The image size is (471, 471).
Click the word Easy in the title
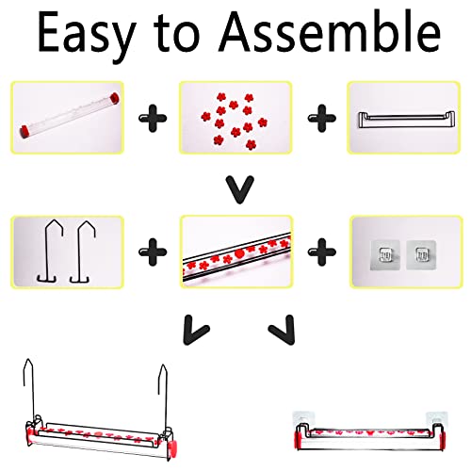(87, 36)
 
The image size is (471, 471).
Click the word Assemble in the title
(330, 31)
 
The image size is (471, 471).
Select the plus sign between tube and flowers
(153, 118)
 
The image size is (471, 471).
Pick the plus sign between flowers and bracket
(321, 118)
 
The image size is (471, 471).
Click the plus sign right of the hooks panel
(153, 252)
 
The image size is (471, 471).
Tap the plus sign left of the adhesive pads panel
(321, 252)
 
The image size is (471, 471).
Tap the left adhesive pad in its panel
(385, 254)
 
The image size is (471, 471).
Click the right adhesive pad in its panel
(421, 254)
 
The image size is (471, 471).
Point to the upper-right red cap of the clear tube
(114, 98)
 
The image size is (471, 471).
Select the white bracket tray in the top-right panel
(406, 120)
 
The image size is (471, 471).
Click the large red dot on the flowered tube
(239, 253)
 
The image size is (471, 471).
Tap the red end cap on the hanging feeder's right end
(172, 447)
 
